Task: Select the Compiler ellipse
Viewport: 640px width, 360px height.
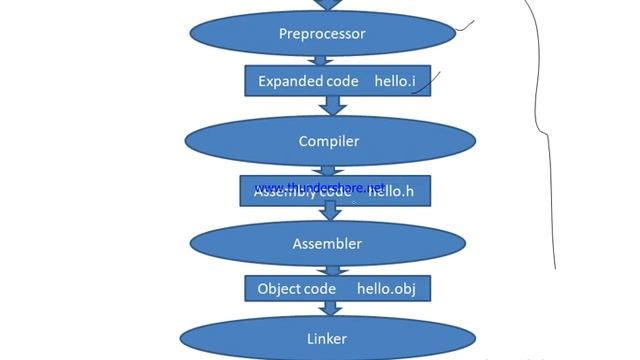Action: (x=328, y=141)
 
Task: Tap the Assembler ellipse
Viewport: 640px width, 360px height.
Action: (x=327, y=243)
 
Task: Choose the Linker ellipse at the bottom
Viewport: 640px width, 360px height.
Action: (x=327, y=338)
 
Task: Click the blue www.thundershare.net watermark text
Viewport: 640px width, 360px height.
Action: (x=319, y=187)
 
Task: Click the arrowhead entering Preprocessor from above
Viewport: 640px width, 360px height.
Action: (x=327, y=5)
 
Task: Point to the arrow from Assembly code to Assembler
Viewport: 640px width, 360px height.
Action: (x=327, y=212)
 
